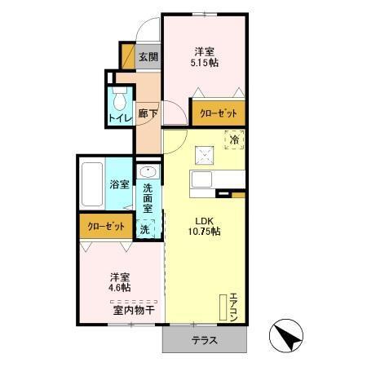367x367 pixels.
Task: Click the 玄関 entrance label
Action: coord(148,58)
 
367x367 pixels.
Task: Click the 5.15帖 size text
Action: coord(204,62)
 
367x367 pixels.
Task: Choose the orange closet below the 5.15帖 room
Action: coord(218,113)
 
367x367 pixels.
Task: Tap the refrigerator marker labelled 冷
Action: coord(234,140)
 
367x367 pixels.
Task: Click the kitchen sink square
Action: coord(204,156)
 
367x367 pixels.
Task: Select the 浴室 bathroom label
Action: coord(120,184)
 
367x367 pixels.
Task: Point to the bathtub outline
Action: coord(92,184)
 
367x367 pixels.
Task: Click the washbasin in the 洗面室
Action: coord(148,173)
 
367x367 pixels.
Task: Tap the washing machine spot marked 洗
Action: coord(145,229)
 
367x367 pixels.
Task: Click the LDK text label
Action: coord(204,219)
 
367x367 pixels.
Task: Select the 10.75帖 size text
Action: coord(204,231)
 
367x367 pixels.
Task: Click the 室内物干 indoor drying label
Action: coord(135,309)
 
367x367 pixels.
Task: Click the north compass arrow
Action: coord(285,335)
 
